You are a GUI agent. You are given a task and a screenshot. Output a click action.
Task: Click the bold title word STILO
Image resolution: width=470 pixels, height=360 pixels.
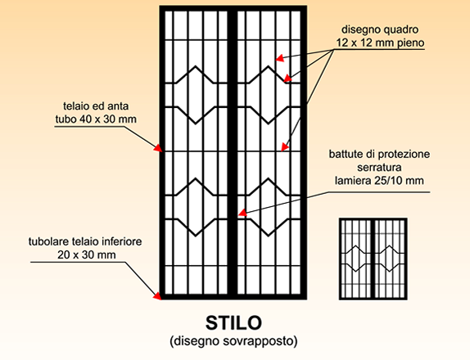click(233, 323)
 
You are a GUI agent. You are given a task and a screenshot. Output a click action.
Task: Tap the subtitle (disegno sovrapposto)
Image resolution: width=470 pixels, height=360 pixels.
click(233, 341)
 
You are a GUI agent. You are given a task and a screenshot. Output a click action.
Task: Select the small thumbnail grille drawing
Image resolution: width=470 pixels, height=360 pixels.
click(373, 259)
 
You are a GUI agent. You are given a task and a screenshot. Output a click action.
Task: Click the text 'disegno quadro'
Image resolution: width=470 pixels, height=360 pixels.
click(380, 29)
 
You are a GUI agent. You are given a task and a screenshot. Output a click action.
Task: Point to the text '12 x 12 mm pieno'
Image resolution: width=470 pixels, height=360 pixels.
click(380, 43)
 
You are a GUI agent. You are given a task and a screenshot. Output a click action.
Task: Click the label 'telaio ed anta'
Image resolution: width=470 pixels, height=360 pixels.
click(96, 106)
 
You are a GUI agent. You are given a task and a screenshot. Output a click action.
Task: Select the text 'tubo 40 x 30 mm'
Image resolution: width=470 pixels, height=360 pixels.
click(96, 119)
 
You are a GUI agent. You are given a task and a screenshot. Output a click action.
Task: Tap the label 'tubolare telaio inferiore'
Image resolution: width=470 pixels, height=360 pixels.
click(85, 241)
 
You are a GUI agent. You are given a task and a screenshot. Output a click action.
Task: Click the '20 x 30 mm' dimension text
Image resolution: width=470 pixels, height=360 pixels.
click(87, 255)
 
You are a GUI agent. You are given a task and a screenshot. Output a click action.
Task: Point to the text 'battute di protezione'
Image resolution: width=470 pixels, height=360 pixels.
click(379, 155)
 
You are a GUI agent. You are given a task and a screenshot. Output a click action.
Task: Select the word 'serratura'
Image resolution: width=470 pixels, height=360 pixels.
click(379, 168)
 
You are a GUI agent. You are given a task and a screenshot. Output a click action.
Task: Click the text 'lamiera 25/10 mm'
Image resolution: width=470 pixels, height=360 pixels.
click(379, 181)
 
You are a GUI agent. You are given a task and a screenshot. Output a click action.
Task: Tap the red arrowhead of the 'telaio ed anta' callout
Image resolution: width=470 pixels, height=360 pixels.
click(158, 148)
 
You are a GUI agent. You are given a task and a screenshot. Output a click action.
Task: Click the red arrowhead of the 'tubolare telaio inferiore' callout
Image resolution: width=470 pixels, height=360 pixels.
click(157, 295)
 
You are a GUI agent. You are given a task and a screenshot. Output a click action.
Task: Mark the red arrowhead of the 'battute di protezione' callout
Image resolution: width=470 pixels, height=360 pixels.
click(242, 213)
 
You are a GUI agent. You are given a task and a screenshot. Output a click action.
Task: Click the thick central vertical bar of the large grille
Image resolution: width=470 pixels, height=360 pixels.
click(233, 152)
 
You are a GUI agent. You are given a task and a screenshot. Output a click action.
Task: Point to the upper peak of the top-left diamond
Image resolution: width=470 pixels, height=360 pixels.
click(196, 66)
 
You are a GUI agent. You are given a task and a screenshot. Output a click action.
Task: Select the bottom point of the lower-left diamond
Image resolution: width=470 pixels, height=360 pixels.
click(196, 236)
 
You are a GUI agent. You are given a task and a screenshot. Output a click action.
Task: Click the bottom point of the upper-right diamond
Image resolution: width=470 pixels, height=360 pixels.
click(269, 123)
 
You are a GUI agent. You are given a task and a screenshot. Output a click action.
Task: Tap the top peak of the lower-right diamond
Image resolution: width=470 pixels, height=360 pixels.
click(269, 179)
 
